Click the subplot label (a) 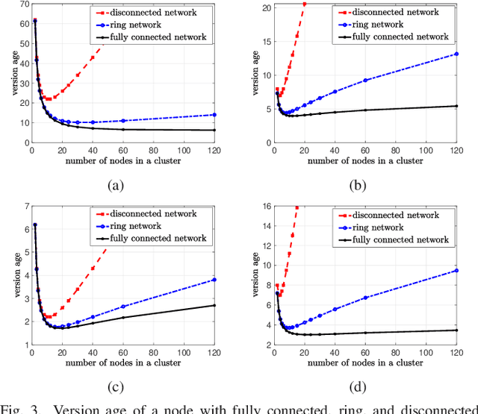pos(114,186)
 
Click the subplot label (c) pos(114,386)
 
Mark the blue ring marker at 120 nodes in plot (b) pos(457,53)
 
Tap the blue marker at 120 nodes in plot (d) pos(457,271)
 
